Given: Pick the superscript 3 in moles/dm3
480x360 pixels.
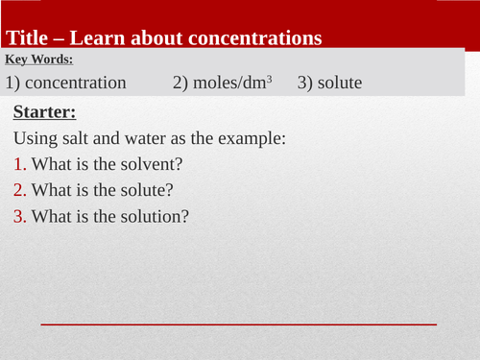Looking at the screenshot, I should [269, 80].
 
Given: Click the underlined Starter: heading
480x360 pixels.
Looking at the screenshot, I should [45, 112].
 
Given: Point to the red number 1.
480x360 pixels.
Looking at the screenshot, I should [19, 164].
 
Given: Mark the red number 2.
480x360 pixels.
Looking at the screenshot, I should [19, 190].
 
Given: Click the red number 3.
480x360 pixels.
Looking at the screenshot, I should [19, 216].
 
